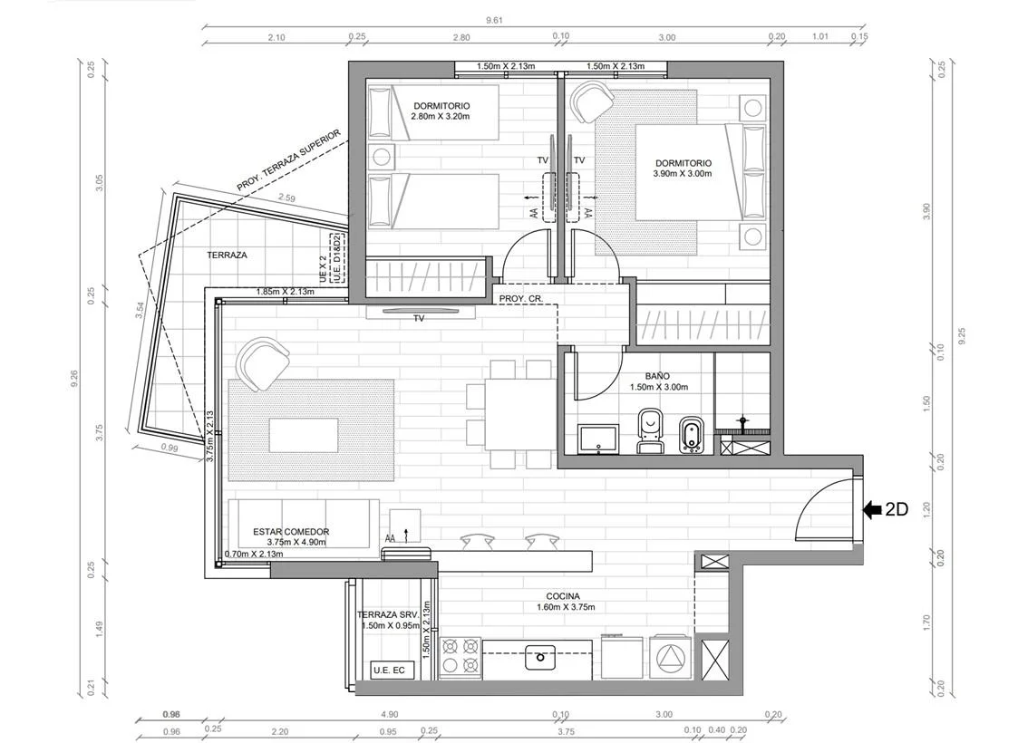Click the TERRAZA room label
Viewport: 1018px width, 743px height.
coord(227,255)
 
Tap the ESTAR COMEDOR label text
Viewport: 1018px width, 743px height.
coord(291,532)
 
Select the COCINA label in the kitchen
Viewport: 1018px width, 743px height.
coord(563,596)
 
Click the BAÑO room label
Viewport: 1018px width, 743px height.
coord(657,376)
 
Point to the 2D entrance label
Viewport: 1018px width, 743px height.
coord(897,510)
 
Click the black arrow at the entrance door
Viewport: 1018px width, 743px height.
coord(872,510)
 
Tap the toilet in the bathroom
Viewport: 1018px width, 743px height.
coord(650,430)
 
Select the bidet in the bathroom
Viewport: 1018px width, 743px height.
coord(690,435)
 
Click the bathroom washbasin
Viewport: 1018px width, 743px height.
coord(598,439)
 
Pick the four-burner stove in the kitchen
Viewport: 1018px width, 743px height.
coord(461,657)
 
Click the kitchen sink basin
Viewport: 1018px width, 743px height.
coord(540,657)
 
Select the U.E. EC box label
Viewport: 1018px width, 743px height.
coord(389,670)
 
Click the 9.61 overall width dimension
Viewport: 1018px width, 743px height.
coord(494,20)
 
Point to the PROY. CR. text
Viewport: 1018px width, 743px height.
coord(520,299)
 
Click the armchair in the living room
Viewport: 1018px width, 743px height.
coord(264,364)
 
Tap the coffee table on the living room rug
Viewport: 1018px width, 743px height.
coord(304,436)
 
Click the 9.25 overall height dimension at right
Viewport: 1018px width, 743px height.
coord(962,335)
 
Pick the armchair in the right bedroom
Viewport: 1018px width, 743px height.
coord(592,101)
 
